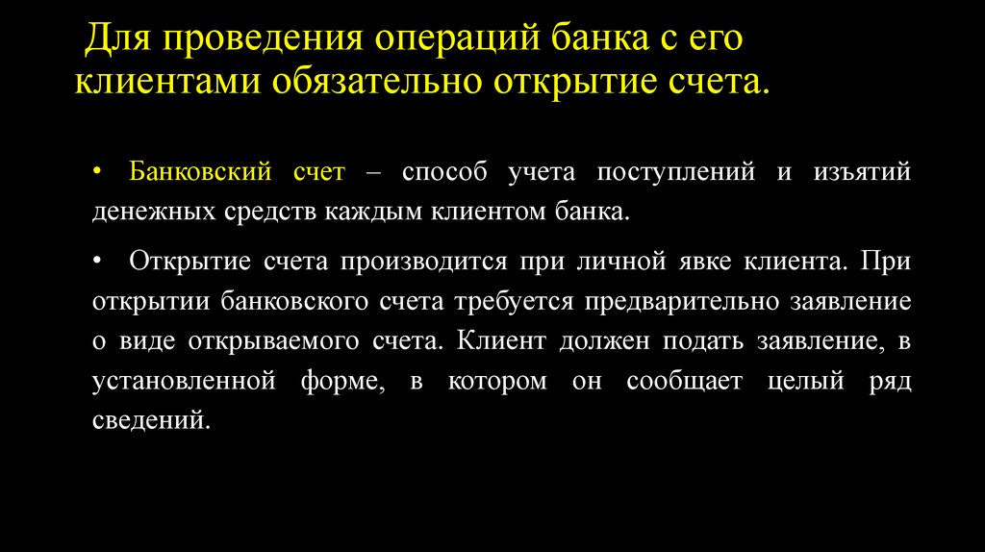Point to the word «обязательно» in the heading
point(375,82)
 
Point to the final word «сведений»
point(149,421)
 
